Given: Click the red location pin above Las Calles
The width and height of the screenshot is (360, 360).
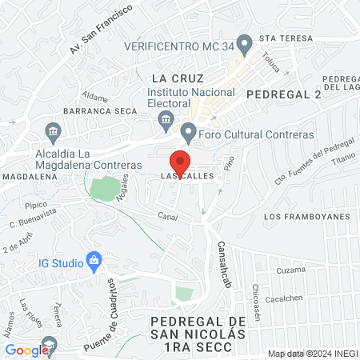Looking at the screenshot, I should point(181,159).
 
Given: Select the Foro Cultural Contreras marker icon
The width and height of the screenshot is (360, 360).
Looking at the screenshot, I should point(189,131).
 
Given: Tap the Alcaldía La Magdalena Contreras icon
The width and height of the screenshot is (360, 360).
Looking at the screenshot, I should point(53,130).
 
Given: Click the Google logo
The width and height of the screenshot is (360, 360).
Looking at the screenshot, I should point(26,350).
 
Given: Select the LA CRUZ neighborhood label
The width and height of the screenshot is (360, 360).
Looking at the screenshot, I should point(178,78).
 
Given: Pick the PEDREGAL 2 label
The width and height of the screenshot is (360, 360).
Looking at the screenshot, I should point(284,94).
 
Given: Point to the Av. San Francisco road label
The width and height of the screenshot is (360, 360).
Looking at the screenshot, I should point(98,38).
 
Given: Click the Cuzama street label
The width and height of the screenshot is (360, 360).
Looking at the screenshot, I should point(291,270).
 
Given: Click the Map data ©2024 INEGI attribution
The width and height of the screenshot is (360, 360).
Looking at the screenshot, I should point(310,354).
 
